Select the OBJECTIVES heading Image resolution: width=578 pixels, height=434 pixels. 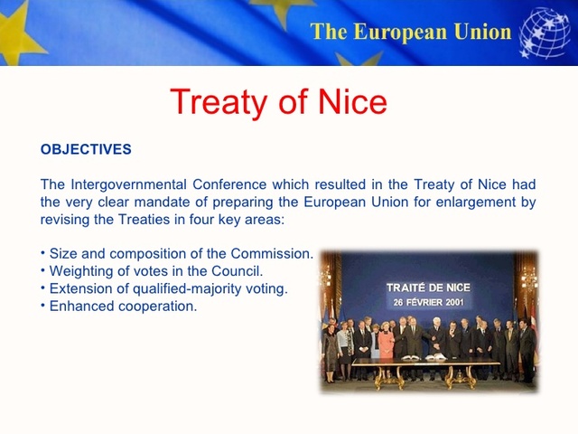click(x=86, y=149)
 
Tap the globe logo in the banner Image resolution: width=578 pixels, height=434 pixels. click(x=545, y=33)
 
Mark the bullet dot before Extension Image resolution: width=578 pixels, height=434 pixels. click(x=43, y=288)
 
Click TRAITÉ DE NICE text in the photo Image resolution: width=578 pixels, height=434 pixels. click(x=428, y=288)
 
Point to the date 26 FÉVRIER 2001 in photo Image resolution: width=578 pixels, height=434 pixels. click(x=428, y=301)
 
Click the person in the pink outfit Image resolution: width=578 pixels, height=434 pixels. click(x=386, y=344)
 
